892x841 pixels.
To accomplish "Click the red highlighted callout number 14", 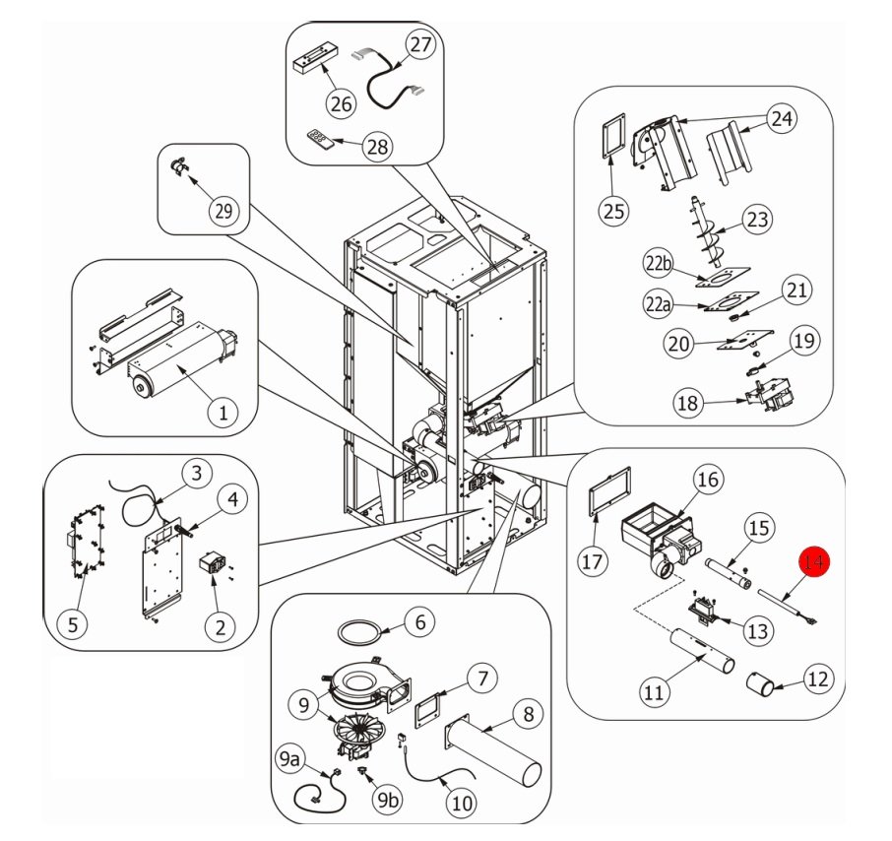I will click(x=814, y=562).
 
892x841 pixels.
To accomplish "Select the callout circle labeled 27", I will click(x=420, y=45).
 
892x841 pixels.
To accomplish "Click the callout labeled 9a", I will click(x=290, y=760).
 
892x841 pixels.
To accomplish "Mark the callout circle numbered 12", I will click(x=819, y=679).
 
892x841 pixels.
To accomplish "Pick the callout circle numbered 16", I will click(x=708, y=480).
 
